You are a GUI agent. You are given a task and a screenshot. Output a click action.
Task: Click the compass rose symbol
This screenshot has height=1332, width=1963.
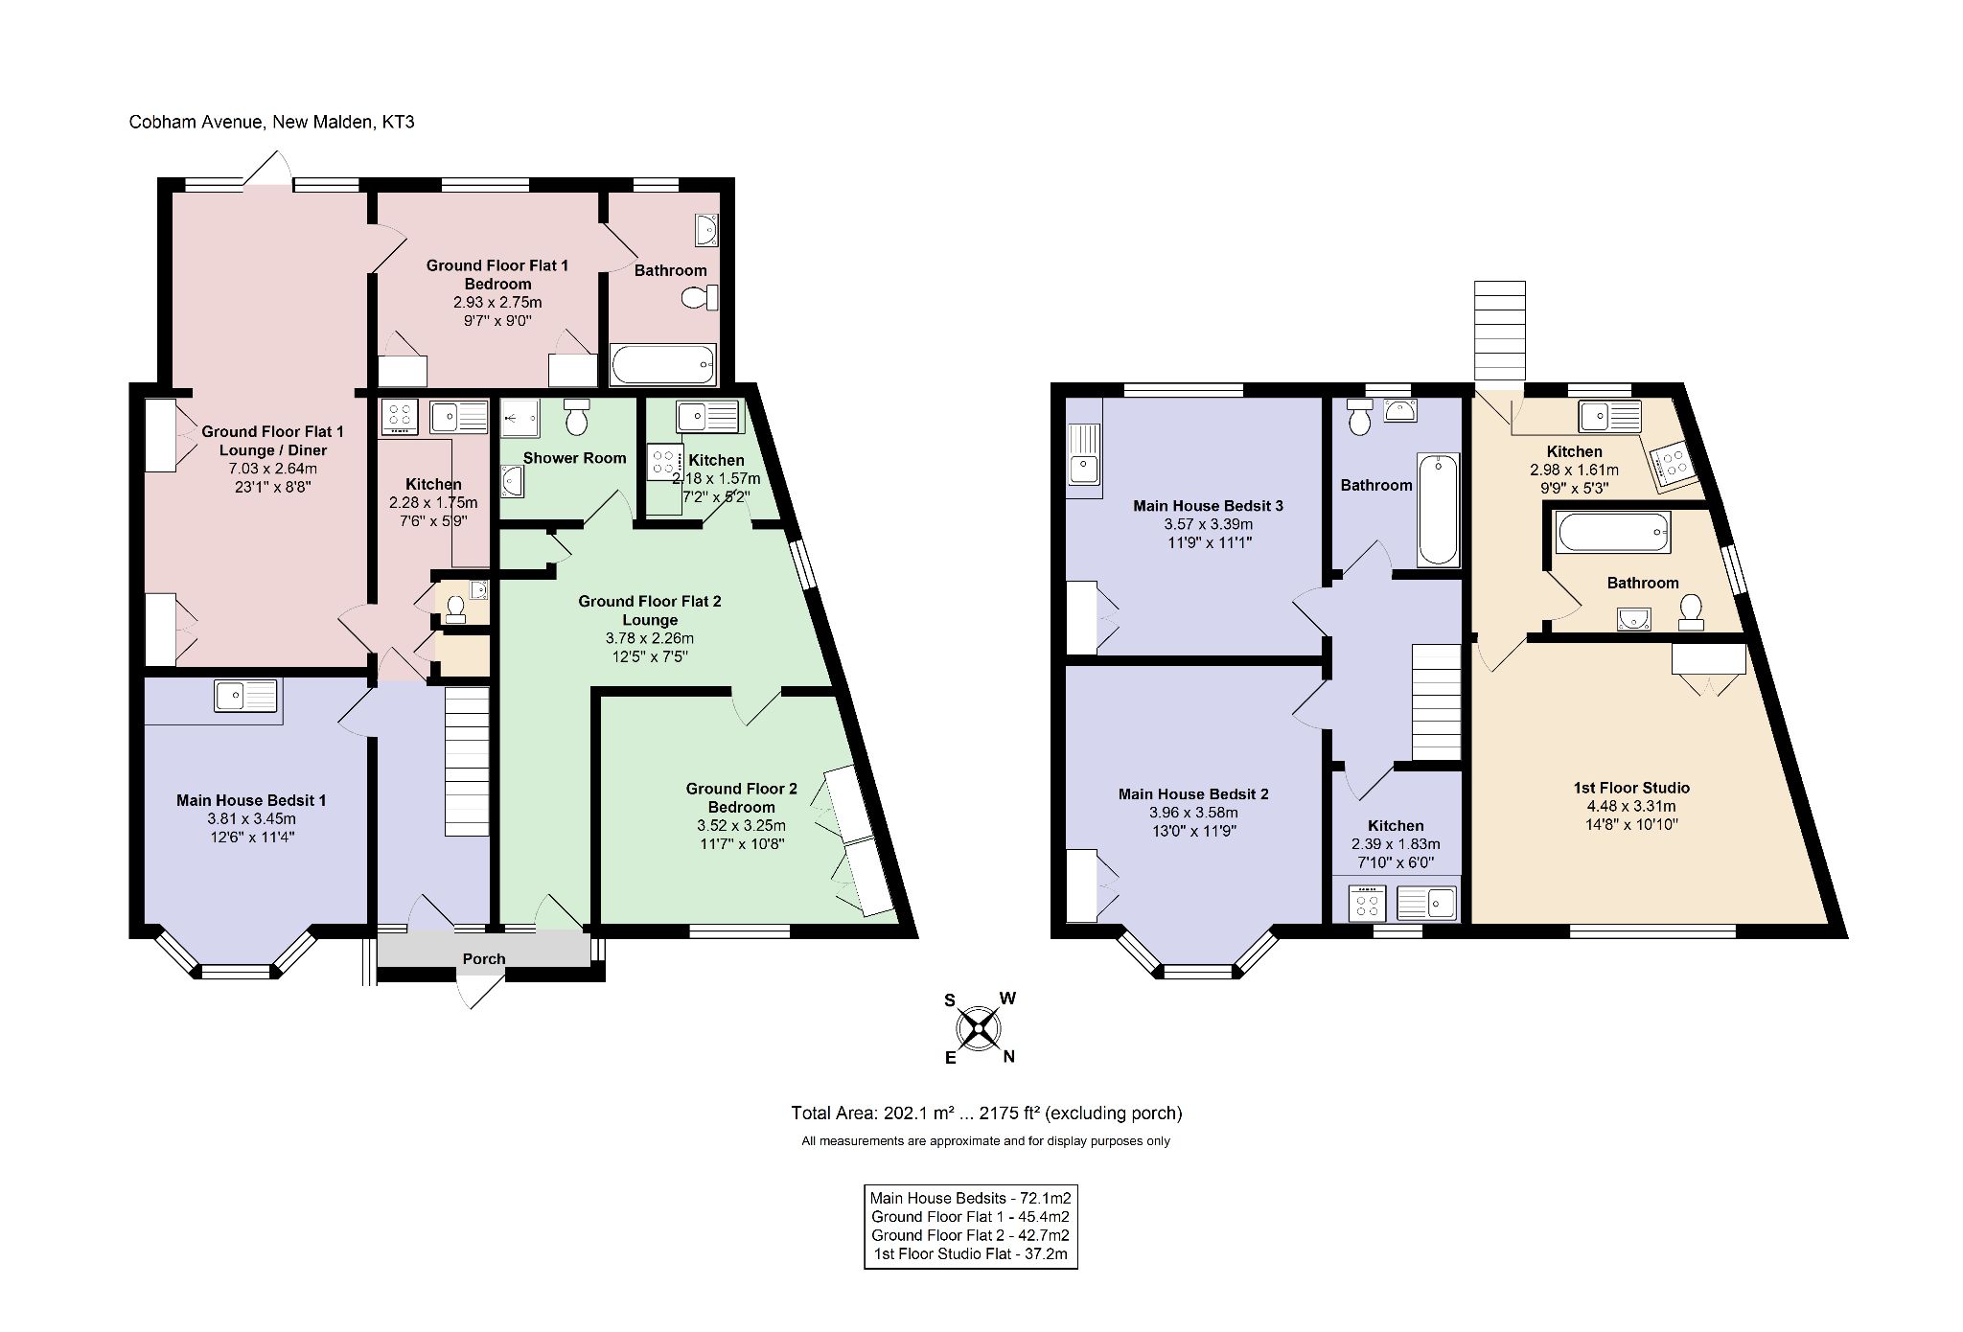978,1029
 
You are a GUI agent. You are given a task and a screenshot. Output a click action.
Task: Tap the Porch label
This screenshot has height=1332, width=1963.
483,958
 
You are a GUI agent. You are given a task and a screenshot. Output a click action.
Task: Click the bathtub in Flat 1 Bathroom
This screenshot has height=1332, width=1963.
663,364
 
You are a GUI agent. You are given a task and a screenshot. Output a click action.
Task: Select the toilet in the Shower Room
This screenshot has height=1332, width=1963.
577,417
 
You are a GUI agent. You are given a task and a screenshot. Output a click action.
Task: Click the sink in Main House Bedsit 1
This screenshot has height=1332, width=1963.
245,695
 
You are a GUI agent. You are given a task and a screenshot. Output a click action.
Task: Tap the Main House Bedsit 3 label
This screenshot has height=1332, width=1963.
1208,506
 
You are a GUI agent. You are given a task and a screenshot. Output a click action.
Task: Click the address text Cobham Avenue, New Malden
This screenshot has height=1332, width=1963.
271,123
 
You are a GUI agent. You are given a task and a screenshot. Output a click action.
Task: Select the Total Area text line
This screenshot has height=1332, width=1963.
985,1114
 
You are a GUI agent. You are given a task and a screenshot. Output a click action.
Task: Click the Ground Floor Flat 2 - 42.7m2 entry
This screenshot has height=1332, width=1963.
969,1235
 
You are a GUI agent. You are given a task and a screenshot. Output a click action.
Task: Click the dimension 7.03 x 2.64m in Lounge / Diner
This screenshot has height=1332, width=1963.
272,469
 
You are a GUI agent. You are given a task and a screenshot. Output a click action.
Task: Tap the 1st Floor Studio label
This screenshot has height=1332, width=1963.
1631,788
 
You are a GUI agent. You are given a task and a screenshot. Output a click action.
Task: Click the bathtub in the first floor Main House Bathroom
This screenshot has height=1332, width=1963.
1437,511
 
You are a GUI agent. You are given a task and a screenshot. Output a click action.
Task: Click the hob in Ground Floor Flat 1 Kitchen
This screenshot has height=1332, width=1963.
400,418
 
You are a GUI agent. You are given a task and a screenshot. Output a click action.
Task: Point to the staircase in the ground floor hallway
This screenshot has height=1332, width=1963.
467,760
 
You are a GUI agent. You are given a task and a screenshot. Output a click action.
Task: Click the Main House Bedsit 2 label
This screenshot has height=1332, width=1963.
1193,793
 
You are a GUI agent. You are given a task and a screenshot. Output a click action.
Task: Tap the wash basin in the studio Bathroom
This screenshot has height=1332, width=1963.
1633,620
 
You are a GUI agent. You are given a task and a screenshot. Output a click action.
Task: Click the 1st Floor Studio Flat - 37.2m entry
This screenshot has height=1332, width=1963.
969,1254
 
